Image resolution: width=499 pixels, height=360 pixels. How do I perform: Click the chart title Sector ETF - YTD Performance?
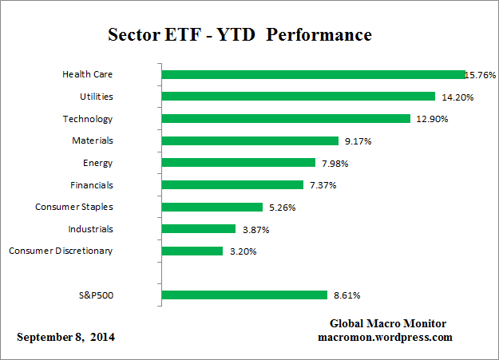(240, 36)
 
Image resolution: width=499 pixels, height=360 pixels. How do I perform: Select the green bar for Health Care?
(313, 74)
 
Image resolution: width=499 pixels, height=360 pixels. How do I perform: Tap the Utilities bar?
(298, 97)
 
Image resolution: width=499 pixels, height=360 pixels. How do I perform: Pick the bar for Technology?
(286, 119)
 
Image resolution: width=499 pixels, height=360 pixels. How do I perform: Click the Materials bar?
(250, 140)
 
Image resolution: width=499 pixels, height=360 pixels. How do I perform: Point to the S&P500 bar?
(244, 295)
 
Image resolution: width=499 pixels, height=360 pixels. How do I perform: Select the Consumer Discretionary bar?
(192, 251)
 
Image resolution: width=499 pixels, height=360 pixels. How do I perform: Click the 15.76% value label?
(481, 75)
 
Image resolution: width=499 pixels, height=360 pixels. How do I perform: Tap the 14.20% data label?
(453, 97)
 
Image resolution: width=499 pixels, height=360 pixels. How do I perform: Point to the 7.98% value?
(335, 164)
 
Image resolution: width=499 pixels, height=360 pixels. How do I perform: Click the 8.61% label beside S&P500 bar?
(346, 295)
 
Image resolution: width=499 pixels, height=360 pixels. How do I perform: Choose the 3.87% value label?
(255, 230)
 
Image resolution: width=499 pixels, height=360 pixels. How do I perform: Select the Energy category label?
(97, 163)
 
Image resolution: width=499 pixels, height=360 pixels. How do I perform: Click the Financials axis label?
(90, 185)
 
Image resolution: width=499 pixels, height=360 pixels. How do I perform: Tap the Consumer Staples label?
(74, 207)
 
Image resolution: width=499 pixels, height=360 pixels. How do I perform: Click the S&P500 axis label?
(93, 295)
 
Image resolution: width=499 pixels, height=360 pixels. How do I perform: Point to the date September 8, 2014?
(66, 338)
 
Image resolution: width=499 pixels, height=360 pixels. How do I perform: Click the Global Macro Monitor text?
(388, 323)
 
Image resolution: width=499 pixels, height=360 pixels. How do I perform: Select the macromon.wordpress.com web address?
(386, 337)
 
